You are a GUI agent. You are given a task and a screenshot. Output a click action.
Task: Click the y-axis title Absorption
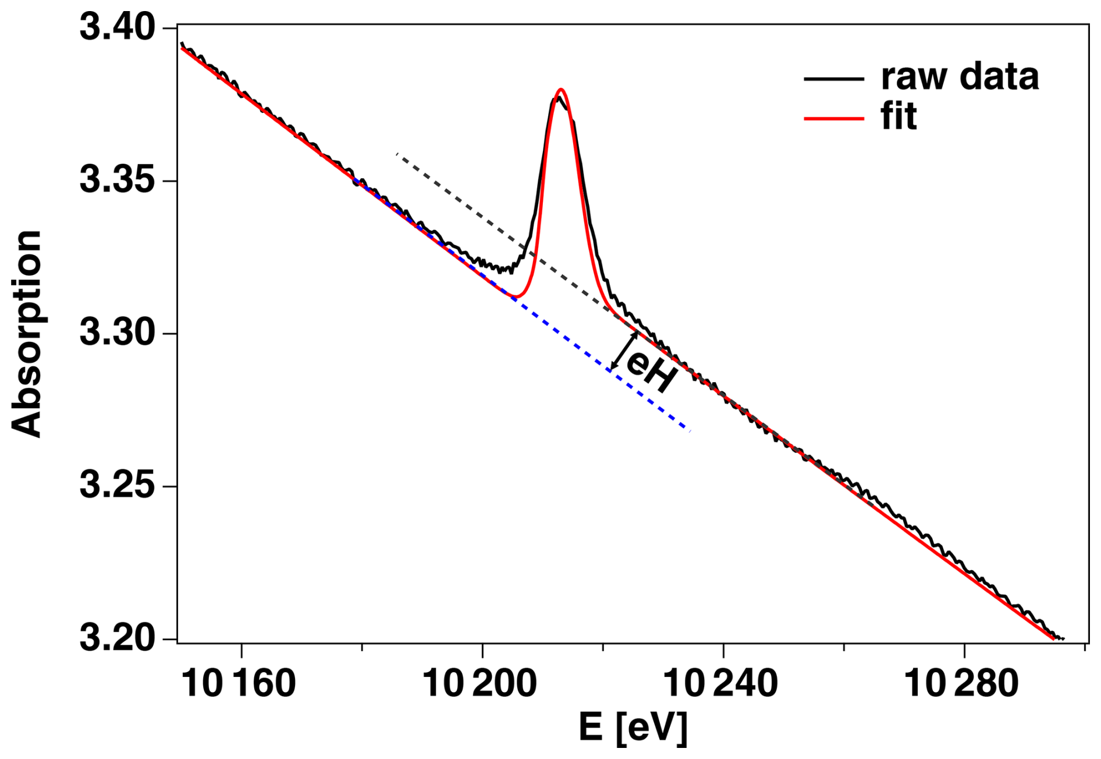(x=27, y=333)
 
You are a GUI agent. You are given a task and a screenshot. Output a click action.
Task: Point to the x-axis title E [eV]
(x=633, y=728)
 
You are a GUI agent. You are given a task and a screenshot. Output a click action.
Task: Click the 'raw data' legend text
(x=960, y=77)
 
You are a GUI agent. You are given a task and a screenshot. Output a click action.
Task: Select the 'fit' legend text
(x=898, y=117)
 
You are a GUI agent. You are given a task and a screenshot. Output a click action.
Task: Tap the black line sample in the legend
(x=833, y=79)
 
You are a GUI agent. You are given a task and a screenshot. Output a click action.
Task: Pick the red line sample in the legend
(x=833, y=119)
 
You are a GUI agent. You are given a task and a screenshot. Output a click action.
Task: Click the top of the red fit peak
(x=560, y=90)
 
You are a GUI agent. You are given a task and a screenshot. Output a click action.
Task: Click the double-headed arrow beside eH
(x=623, y=351)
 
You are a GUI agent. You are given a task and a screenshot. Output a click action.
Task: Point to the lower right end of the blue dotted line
(x=689, y=430)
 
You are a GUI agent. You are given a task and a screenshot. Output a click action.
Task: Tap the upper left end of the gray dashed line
(x=397, y=154)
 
